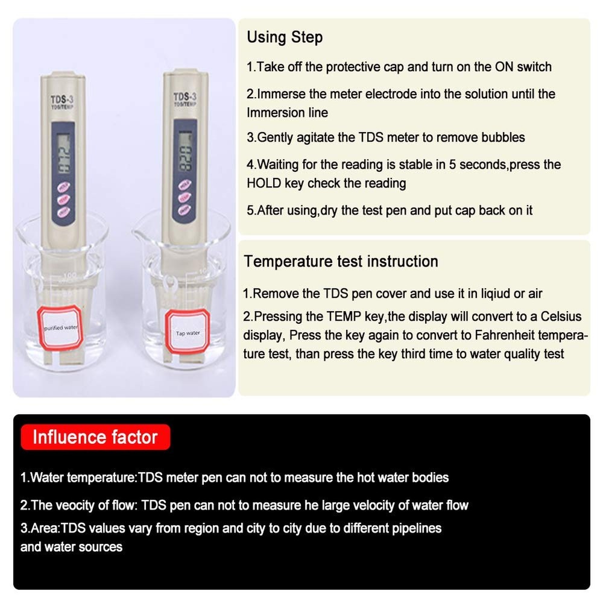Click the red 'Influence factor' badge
[x=95, y=437]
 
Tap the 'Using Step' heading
[x=285, y=37]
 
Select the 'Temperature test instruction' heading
[x=341, y=262]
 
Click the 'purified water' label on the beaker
[x=60, y=327]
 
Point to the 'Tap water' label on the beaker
[x=188, y=332]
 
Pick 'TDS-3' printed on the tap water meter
[x=184, y=96]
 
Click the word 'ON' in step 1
[x=478, y=66]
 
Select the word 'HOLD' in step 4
[x=264, y=183]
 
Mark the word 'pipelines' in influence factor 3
[x=414, y=528]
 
